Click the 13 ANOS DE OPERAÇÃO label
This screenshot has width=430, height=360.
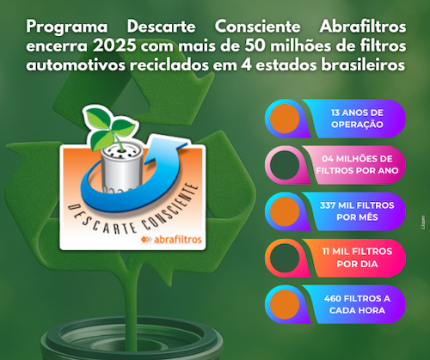tap(349, 118)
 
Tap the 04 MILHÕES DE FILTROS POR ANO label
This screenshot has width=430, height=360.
tap(349, 164)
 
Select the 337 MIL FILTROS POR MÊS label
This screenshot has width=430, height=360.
tap(349, 211)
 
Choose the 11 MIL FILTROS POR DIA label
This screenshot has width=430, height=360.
tap(349, 257)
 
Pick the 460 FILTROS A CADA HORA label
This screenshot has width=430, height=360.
tap(349, 302)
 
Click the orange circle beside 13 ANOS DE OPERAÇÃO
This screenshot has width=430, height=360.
tap(287, 118)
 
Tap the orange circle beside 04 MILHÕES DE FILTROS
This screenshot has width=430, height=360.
tap(287, 164)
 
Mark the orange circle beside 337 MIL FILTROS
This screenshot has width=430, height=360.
tap(287, 211)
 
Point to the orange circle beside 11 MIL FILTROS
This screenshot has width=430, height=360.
tap(287, 257)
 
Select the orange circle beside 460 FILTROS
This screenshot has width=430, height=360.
tap(287, 302)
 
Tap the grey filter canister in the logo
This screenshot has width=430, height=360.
tap(118, 167)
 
